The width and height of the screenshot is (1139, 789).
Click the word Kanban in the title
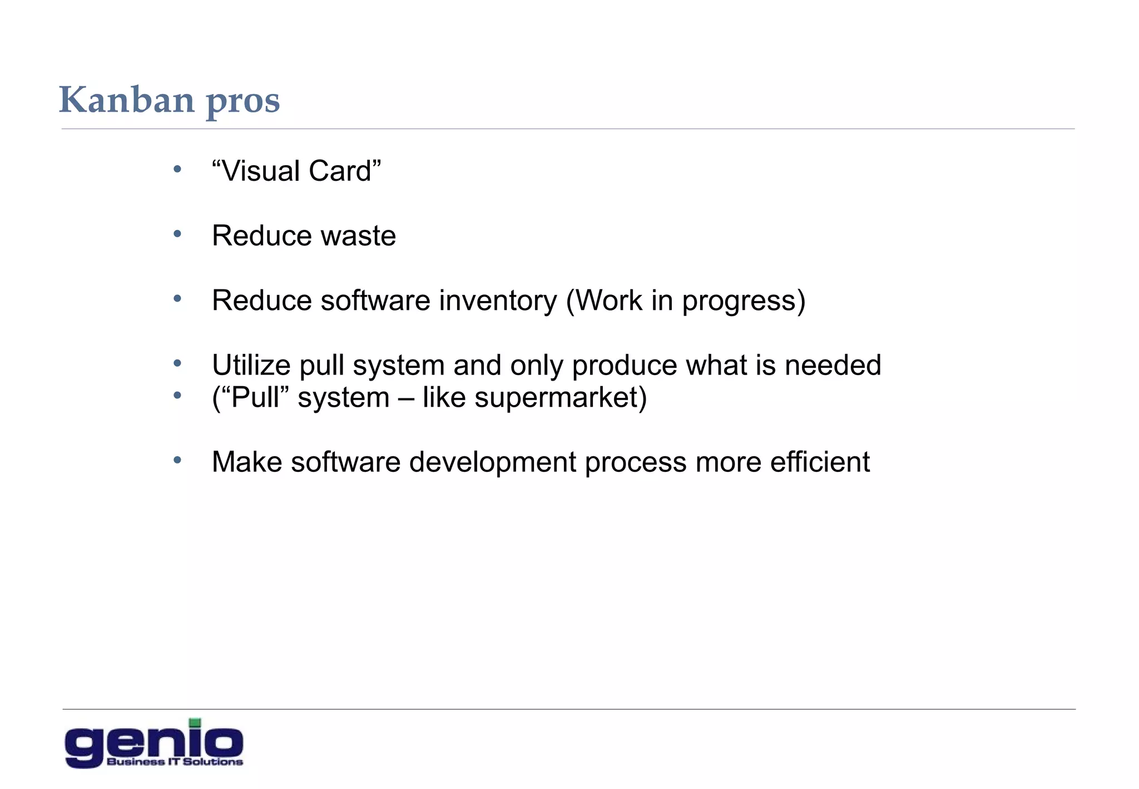pyautogui.click(x=126, y=100)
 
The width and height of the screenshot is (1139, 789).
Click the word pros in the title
pyautogui.click(x=243, y=102)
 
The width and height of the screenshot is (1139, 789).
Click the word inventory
pyautogui.click(x=497, y=301)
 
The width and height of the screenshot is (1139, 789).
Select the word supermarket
pyautogui.click(x=556, y=398)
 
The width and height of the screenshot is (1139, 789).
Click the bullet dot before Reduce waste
pyautogui.click(x=177, y=234)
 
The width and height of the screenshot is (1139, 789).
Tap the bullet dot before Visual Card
pyautogui.click(x=177, y=169)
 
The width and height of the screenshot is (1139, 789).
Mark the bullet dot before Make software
pyautogui.click(x=177, y=460)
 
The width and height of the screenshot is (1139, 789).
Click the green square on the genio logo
pyautogui.click(x=195, y=723)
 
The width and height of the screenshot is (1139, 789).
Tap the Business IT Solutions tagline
pyautogui.click(x=175, y=762)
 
